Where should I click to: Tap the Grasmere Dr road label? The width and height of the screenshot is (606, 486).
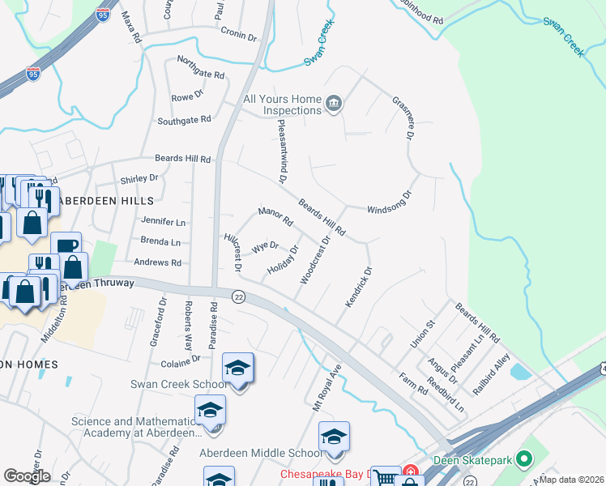(403, 116)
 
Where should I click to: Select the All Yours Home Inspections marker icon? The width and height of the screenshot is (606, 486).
(333, 104)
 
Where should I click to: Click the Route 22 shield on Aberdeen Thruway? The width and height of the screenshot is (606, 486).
(238, 297)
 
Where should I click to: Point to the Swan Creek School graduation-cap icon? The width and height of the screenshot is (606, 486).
(238, 369)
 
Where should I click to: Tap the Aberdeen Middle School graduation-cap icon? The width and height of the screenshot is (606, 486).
(333, 437)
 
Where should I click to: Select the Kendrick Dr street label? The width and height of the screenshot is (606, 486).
(357, 288)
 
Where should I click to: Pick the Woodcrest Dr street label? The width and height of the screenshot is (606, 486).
(316, 259)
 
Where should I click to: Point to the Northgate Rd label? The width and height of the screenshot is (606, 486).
(200, 68)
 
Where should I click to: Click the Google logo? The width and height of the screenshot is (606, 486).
(27, 476)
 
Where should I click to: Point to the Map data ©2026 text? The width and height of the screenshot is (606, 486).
(571, 480)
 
